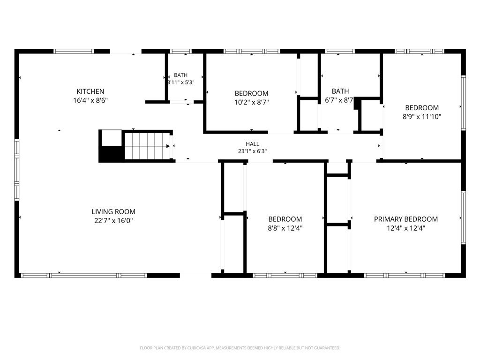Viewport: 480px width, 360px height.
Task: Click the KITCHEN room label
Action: (90, 91)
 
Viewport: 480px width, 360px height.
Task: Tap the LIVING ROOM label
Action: (113, 211)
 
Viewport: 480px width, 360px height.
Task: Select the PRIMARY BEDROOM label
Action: (406, 219)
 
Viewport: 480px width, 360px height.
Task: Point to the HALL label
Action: (252, 144)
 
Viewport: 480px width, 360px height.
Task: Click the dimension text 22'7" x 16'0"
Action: (113, 220)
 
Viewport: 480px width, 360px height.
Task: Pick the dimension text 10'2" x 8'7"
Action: (252, 102)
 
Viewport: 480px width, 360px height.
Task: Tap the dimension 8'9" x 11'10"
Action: (422, 117)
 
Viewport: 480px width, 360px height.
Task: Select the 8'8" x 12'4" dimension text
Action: (285, 228)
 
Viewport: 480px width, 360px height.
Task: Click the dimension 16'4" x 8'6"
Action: (90, 100)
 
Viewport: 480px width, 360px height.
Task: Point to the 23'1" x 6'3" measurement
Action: (252, 151)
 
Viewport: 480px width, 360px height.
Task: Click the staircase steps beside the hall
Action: (148, 146)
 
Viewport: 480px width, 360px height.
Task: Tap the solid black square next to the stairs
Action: (112, 153)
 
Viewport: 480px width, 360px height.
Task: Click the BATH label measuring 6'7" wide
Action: (340, 91)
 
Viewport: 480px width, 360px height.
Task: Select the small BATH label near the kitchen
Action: (180, 75)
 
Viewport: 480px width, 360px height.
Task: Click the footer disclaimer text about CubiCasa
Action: (240, 348)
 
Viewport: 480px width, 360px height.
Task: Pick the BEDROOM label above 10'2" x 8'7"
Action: (252, 93)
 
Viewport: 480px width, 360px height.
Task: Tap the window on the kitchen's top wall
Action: (74, 51)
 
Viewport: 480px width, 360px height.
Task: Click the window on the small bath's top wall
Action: (180, 51)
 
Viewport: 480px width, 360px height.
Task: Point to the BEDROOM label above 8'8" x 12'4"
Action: (285, 219)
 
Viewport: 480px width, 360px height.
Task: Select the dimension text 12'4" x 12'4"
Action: (406, 228)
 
